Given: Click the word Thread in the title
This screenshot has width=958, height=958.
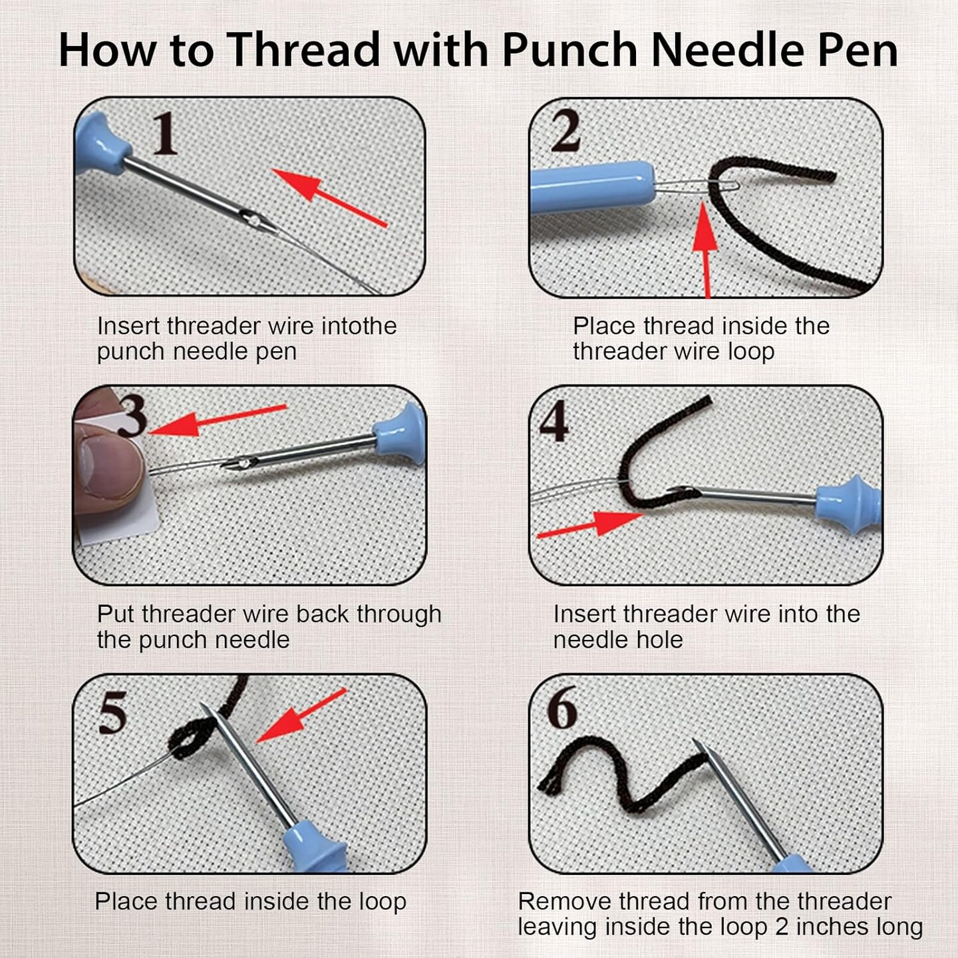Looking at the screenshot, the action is [305, 50].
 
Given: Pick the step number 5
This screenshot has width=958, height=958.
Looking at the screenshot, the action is [113, 712].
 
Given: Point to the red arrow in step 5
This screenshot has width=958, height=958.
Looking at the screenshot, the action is [301, 716].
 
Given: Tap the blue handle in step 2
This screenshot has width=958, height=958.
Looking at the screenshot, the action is [591, 190].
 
